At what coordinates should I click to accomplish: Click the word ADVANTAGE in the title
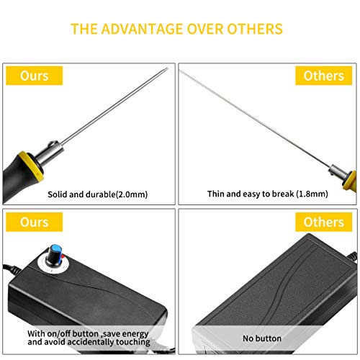pos(143,29)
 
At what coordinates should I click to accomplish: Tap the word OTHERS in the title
pos(255,29)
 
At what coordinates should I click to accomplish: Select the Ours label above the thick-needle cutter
pos(35,76)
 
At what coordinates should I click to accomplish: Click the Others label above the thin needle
pos(324,76)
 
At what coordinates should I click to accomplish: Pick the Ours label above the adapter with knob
pos(35,222)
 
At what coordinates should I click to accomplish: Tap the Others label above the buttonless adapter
pos(324,222)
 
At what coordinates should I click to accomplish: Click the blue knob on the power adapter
pos(55,254)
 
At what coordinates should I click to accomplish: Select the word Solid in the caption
pos(58,194)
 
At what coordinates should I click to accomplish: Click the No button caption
pos(262,338)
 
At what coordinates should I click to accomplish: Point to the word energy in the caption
pos(135,334)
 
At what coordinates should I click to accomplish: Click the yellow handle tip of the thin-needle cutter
pos(350,180)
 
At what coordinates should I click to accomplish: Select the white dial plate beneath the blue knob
pos(53,264)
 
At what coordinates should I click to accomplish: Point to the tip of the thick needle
pos(168,68)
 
